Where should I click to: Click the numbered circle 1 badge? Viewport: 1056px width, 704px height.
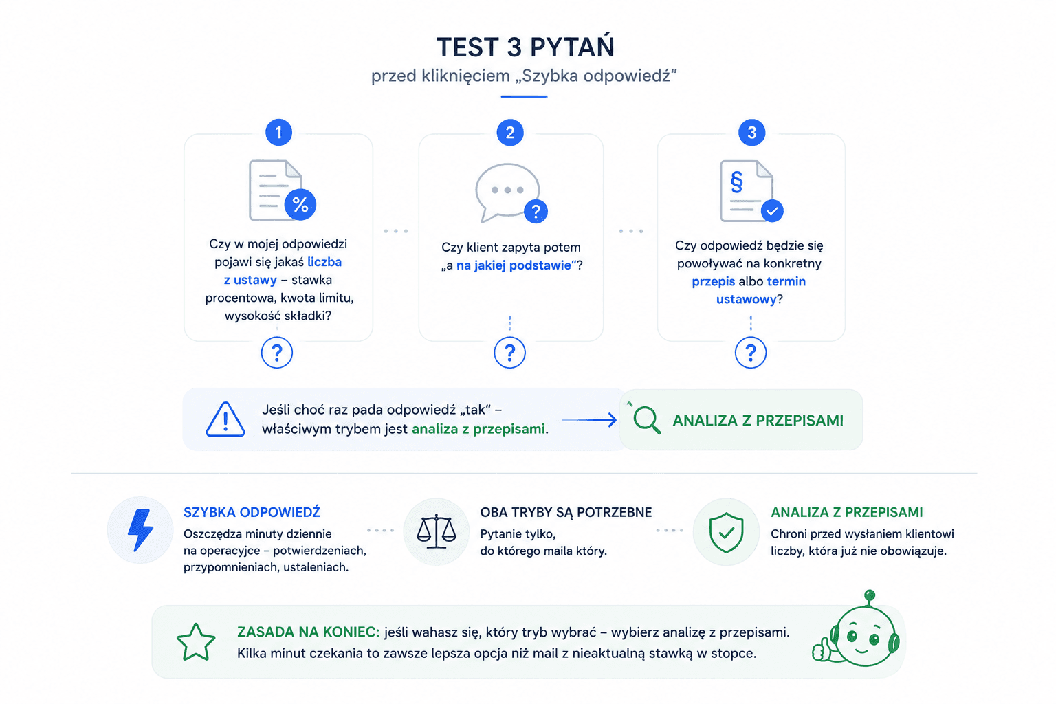pyautogui.click(x=278, y=133)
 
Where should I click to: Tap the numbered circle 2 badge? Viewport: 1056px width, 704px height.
pyautogui.click(x=510, y=133)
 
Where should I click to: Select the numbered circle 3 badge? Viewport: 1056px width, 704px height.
pyautogui.click(x=751, y=133)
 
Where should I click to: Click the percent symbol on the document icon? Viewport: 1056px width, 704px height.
pyautogui.click(x=300, y=205)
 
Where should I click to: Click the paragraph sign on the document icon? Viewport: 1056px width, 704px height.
pyautogui.click(x=736, y=182)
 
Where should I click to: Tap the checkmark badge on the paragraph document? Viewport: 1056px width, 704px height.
pyautogui.click(x=772, y=211)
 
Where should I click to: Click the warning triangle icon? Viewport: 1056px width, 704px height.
pyautogui.click(x=225, y=419)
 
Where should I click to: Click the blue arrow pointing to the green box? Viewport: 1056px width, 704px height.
pyautogui.click(x=589, y=419)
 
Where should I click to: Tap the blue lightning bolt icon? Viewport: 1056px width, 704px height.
pyautogui.click(x=140, y=530)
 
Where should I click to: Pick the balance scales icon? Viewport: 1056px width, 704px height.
pyautogui.click(x=437, y=531)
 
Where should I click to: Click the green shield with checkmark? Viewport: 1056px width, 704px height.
pyautogui.click(x=727, y=532)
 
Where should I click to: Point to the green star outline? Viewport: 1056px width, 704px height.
pyautogui.click(x=196, y=642)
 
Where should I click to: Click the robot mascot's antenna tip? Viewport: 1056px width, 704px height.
pyautogui.click(x=870, y=595)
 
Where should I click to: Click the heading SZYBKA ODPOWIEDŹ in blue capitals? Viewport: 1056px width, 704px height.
pyautogui.click(x=252, y=512)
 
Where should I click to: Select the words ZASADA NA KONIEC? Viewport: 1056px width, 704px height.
pyautogui.click(x=308, y=632)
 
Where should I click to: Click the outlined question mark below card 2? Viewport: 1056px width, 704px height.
pyautogui.click(x=509, y=352)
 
